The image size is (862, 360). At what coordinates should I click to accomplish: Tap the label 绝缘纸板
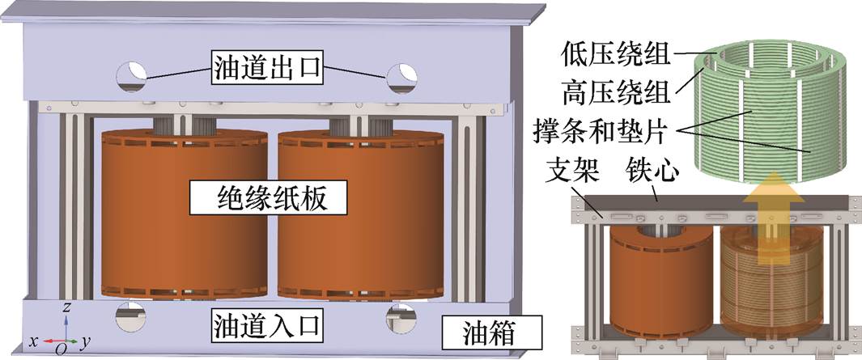point(268,200)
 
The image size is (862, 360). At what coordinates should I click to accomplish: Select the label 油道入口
point(266,325)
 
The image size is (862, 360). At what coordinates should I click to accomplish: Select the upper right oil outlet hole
point(402,78)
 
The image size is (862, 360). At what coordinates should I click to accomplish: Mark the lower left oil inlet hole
point(130,316)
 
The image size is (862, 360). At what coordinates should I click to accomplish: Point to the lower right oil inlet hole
point(401,318)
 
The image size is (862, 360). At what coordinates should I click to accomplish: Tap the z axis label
point(66,307)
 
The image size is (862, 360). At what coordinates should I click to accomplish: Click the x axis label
point(33,342)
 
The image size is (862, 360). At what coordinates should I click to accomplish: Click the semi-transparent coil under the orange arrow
point(772,282)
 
